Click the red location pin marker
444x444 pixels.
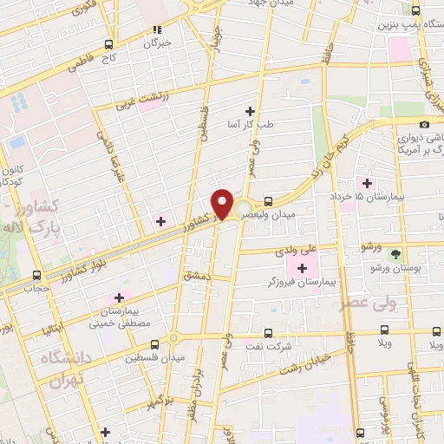point(223,203)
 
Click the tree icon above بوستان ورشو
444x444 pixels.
point(396,254)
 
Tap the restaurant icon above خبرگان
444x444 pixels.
point(157,28)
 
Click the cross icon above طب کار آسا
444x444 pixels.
point(251,110)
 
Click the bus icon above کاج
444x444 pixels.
point(108,43)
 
